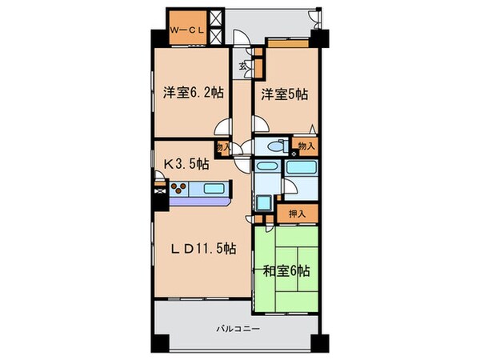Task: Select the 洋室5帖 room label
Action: pyautogui.click(x=282, y=94)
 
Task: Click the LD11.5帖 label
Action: pyautogui.click(x=204, y=248)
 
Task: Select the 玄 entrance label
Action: pyautogui.click(x=241, y=66)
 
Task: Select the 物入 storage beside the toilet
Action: pyautogui.click(x=305, y=146)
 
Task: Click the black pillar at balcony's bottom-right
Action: pyautogui.click(x=321, y=341)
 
